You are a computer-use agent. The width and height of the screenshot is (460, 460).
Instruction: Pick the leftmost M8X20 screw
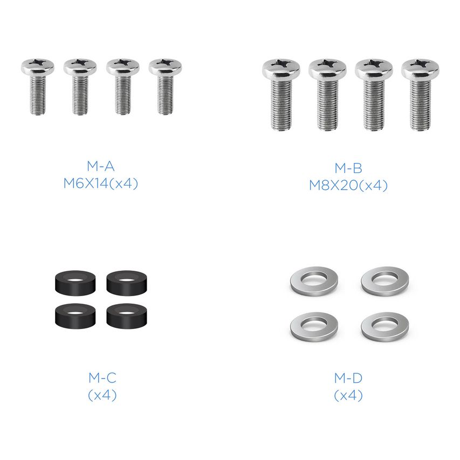281,94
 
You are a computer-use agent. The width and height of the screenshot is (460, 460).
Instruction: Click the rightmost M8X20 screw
420,94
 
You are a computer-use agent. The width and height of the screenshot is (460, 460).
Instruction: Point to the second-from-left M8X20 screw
327,94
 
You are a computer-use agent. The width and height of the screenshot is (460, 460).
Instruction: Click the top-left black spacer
75,283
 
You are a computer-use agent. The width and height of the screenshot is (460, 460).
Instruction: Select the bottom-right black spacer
127,315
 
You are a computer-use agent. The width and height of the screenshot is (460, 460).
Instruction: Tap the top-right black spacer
127,283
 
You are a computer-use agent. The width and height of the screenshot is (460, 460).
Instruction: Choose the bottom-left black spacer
75,315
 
